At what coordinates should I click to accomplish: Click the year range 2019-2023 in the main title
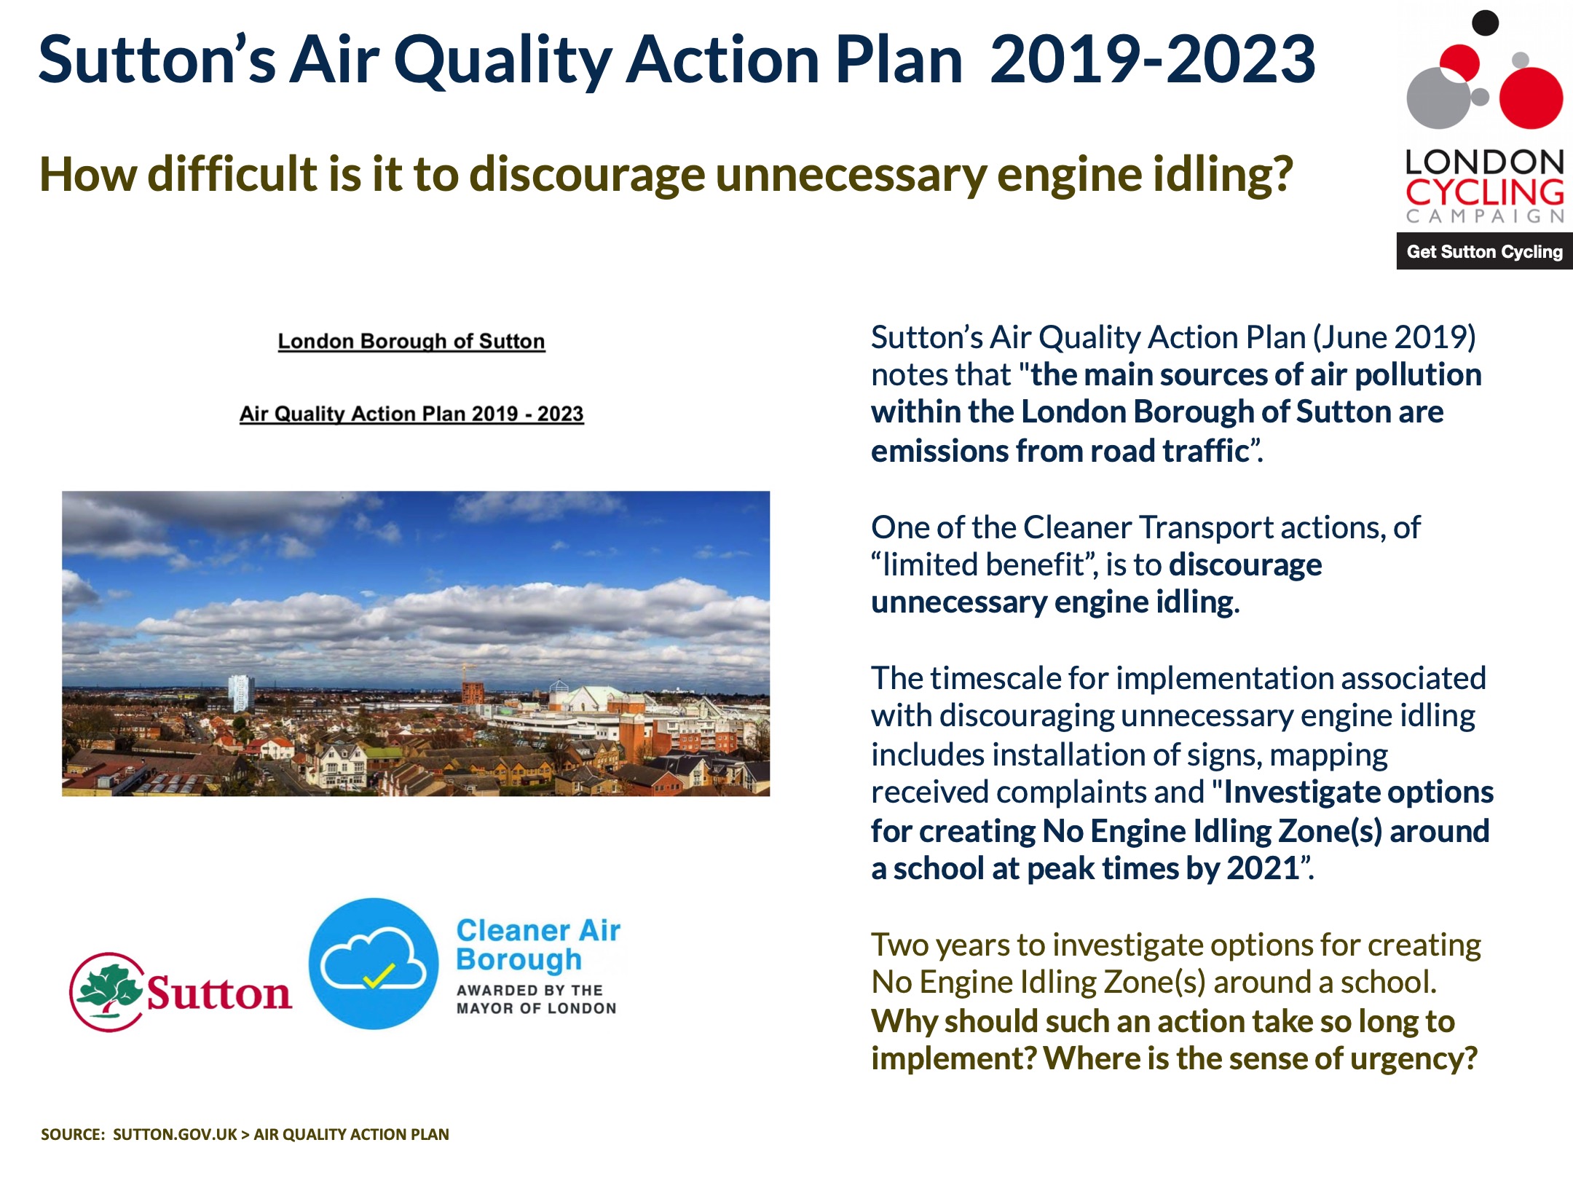point(1152,60)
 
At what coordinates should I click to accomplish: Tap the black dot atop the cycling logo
point(1485,23)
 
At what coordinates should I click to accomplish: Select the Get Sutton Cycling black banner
point(1484,252)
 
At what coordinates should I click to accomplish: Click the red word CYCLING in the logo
point(1484,192)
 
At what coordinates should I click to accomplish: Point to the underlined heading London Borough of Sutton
point(411,342)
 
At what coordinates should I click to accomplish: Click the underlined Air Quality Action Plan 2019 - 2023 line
point(411,414)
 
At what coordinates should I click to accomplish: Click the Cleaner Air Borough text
point(537,945)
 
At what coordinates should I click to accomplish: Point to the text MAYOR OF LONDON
point(536,1009)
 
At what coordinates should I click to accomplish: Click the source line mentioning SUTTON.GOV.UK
point(245,1134)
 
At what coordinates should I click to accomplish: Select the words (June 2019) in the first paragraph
point(1394,337)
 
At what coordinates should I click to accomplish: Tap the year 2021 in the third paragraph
point(1263,868)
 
